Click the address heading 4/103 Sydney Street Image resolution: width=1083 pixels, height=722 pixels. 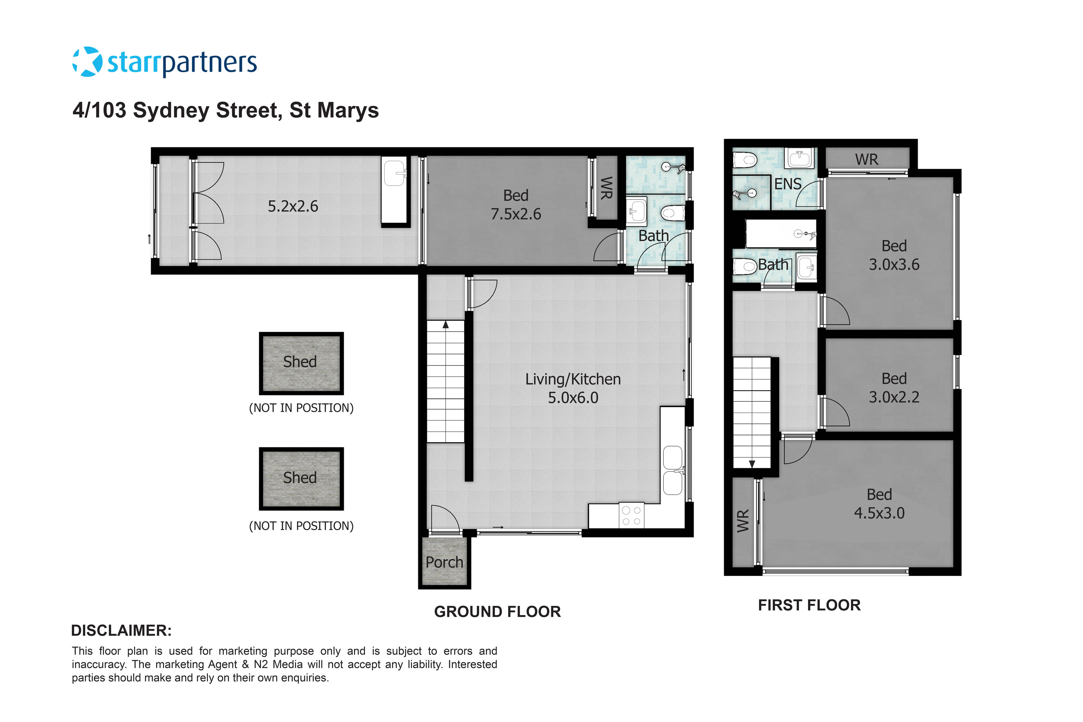coord(226,110)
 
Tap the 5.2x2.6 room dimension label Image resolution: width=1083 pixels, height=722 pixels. coord(293,206)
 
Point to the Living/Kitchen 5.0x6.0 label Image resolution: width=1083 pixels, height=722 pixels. coord(573,388)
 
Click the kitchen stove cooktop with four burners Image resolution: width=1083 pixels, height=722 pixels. coord(631,516)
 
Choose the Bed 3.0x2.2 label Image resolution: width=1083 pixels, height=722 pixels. coord(894,388)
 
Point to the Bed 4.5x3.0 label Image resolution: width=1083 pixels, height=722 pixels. coord(879,504)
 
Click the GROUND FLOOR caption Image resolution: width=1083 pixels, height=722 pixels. coord(497,612)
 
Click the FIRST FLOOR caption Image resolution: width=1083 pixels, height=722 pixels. coord(809,605)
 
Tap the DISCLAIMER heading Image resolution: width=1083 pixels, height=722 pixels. coord(121,630)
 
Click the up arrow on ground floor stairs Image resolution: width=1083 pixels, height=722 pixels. coord(446,325)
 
